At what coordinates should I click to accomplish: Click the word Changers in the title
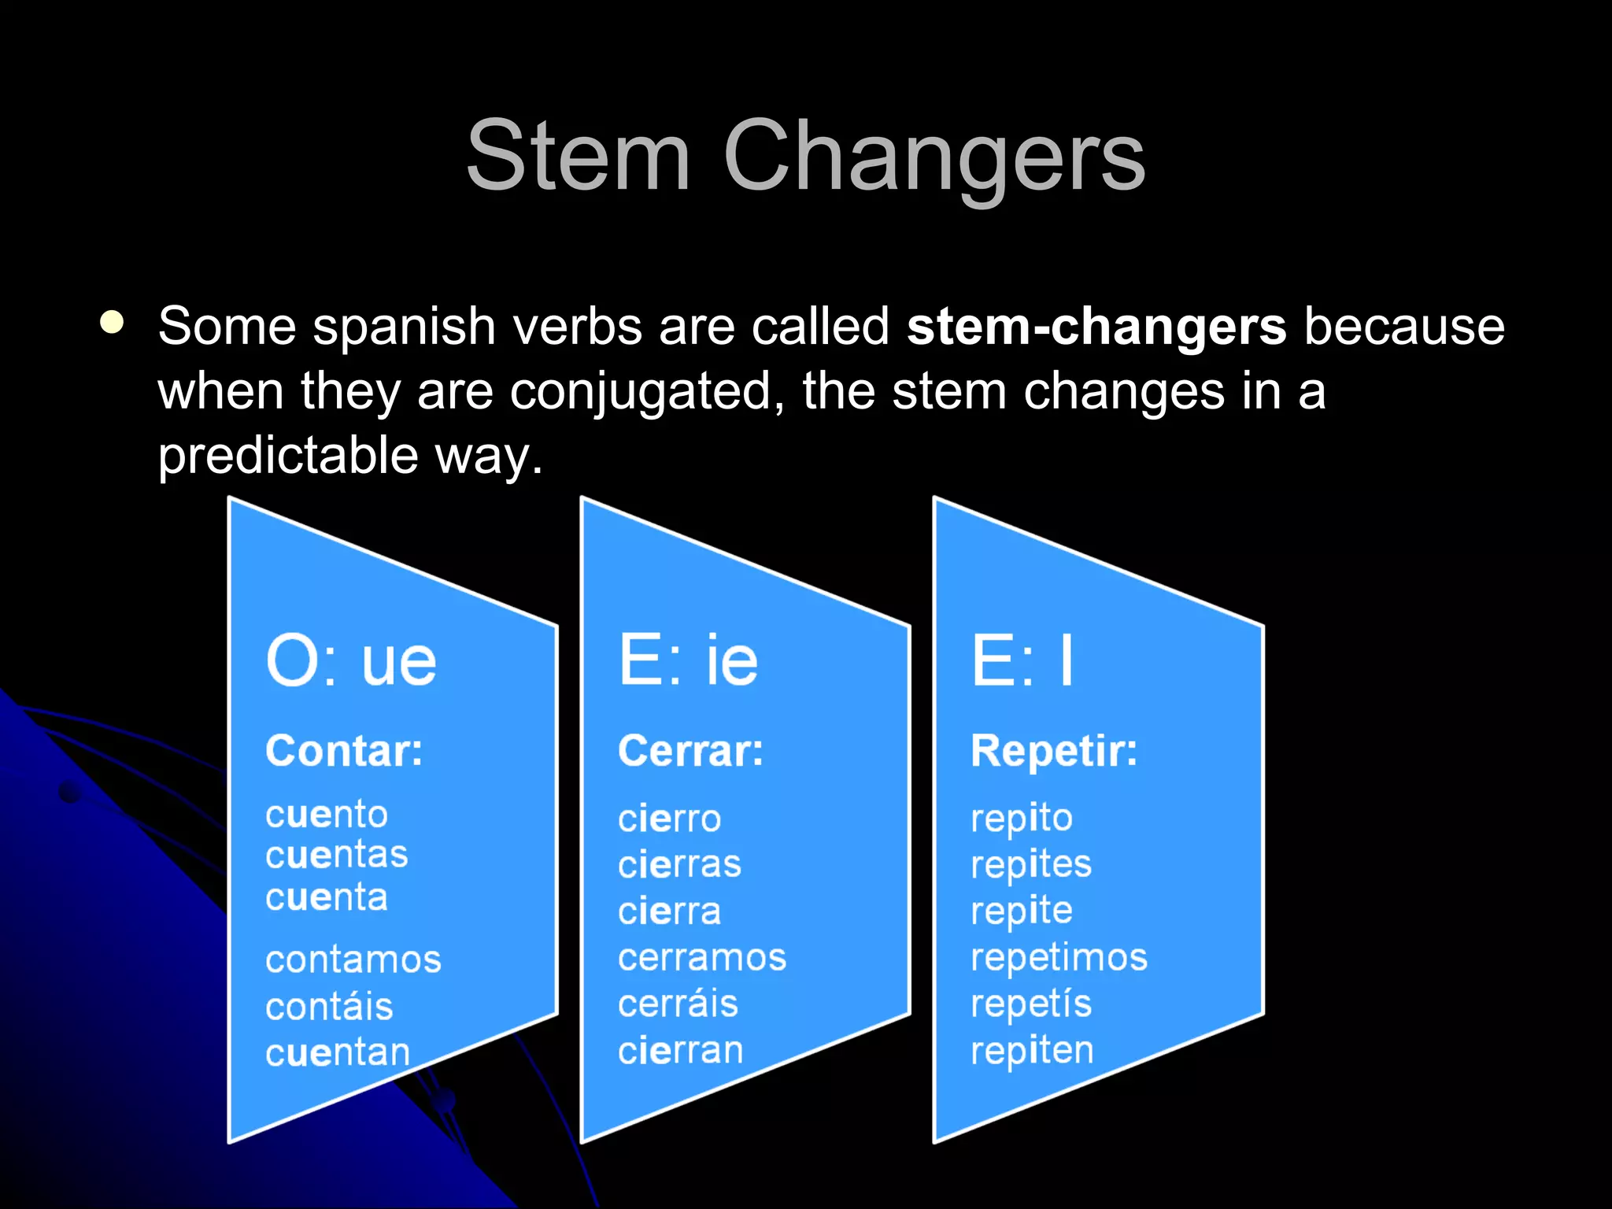click(x=934, y=157)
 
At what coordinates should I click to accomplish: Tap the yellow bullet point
click(x=113, y=322)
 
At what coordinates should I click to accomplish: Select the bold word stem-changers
click(x=1096, y=326)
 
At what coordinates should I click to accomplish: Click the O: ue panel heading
click(x=351, y=661)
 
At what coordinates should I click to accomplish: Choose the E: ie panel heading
click(x=688, y=661)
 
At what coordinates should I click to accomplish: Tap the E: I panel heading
click(x=1022, y=661)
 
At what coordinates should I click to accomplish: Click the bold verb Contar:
click(x=344, y=750)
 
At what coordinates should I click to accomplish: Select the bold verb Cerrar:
click(x=690, y=750)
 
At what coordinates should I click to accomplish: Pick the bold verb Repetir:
click(x=1053, y=750)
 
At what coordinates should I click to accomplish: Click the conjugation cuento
click(x=327, y=814)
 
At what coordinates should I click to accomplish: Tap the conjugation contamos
click(x=353, y=959)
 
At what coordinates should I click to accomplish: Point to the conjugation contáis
click(x=329, y=1007)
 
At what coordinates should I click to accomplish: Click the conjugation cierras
click(x=679, y=864)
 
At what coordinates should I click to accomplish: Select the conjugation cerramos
click(x=702, y=957)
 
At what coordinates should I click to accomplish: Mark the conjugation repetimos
click(x=1059, y=957)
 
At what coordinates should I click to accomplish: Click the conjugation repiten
click(x=1032, y=1051)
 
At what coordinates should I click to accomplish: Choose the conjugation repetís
click(x=1031, y=1004)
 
